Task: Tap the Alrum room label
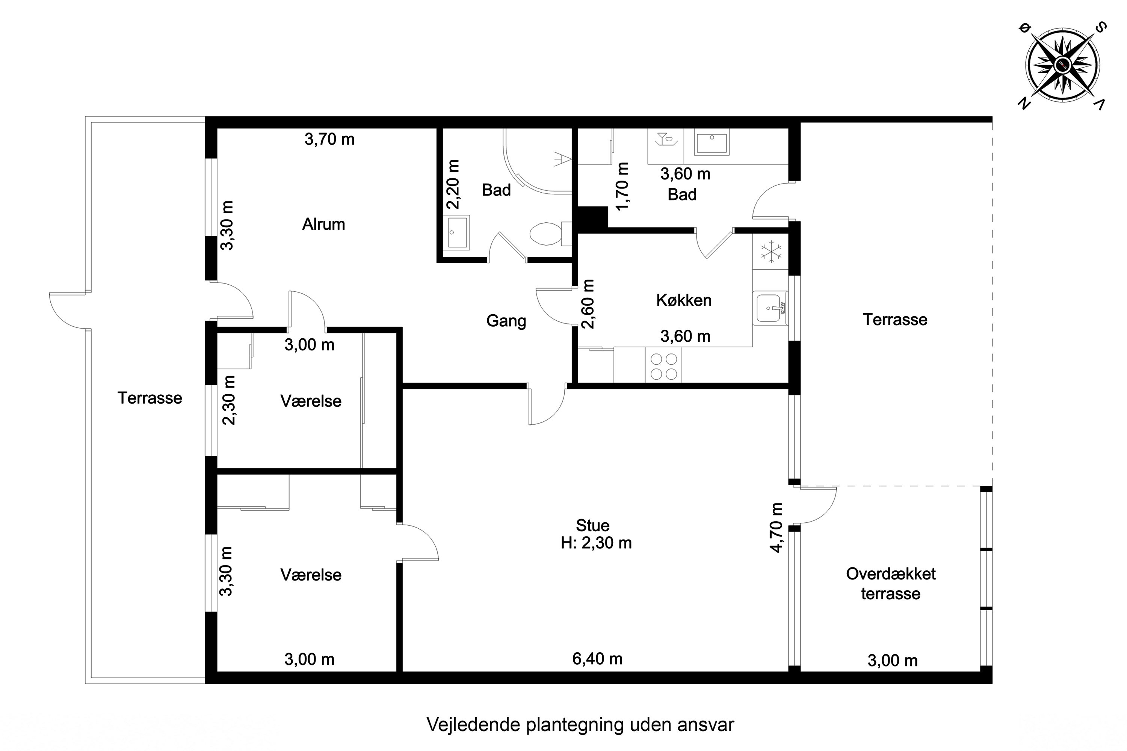(323, 224)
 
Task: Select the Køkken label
(683, 300)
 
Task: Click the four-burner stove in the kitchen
(663, 366)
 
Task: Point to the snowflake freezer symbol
(770, 252)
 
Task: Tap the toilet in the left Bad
(546, 234)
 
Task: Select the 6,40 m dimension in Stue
(597, 659)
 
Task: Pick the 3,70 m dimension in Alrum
(330, 139)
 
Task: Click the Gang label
(506, 321)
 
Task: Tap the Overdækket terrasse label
(890, 584)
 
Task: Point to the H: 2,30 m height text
(596, 543)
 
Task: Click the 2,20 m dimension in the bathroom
(453, 185)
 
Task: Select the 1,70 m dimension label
(622, 187)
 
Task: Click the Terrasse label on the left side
(150, 398)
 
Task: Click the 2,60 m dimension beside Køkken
(588, 304)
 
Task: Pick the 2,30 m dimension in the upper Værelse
(230, 400)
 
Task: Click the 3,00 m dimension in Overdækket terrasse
(892, 661)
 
